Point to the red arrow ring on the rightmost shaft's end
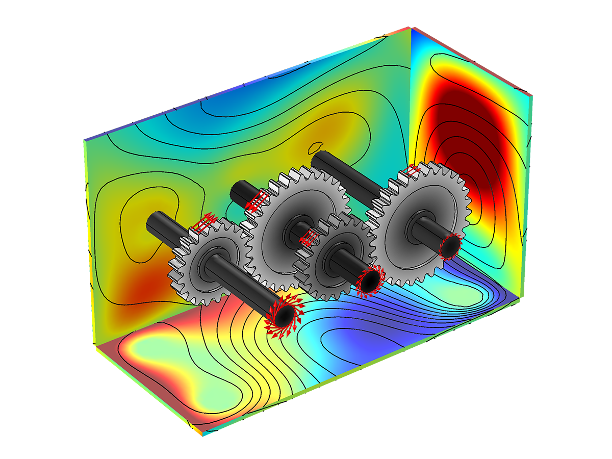pos(449,247)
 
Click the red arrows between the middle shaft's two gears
pos(309,237)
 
